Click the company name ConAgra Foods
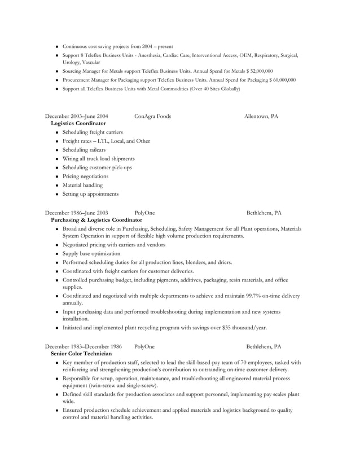152,116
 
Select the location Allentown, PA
261,116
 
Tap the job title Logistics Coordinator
78,123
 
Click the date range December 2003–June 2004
77,116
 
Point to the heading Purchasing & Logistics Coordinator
96,219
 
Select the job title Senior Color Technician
81,353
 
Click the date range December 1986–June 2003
77,213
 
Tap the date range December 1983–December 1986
84,346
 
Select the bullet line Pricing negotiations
85,176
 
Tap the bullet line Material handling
82,185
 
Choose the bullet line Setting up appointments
90,194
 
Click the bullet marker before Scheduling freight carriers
57,133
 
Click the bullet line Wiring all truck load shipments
98,159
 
